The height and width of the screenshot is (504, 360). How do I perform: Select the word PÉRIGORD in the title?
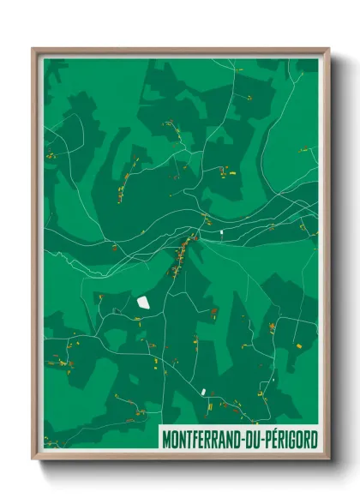[x=296, y=439]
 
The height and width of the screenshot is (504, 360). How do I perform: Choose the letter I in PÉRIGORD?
[x=293, y=439]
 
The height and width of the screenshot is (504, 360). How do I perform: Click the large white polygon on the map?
[x=143, y=302]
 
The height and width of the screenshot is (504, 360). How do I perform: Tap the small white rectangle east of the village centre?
[x=220, y=232]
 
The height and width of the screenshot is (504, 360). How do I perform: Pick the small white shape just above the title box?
[x=204, y=391]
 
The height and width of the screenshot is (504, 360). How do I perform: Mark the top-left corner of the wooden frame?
[x=33, y=49]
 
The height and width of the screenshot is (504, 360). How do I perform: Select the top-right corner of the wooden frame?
[x=328, y=49]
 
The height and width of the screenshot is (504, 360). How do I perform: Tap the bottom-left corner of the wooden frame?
[x=33, y=459]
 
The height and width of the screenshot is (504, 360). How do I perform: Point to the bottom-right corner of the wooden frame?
[x=328, y=459]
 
